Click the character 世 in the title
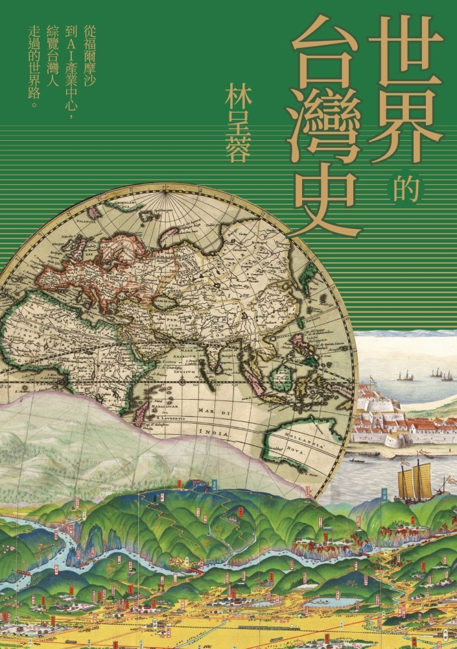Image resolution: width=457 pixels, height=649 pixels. (x=406, y=54)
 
